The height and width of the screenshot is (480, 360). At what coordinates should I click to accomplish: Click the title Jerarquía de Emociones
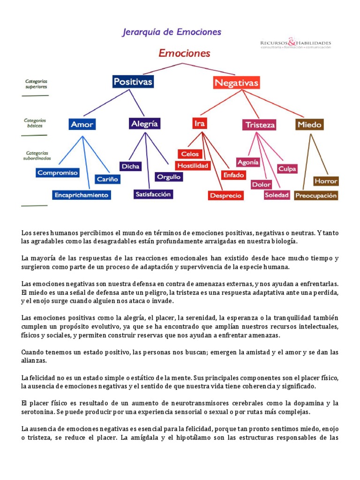pos(172,32)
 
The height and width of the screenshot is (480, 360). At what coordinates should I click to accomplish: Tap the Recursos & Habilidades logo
pos(295,44)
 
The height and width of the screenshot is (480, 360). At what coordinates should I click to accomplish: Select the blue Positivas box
pos(133,82)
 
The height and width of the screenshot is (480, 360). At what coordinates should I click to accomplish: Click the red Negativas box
pos(236,83)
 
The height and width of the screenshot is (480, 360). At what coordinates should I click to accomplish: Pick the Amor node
pos(82,124)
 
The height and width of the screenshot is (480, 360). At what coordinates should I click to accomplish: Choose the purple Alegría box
pos(145,123)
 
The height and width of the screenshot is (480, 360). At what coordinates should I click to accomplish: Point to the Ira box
pos(199,123)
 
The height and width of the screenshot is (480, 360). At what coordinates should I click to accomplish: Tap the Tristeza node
pos(259,125)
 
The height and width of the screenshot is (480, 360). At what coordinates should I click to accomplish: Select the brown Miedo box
pos(309,124)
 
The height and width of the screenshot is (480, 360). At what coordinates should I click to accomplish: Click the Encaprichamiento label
pos(81,195)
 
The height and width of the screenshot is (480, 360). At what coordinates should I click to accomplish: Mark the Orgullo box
pos(169,177)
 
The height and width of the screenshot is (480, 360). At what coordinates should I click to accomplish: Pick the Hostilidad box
pos(193,165)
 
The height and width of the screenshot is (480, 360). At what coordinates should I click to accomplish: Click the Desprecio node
pos(225,195)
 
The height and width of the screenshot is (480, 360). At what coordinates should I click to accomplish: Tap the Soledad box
pos(277,195)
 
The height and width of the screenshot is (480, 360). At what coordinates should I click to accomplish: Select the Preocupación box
pos(316,195)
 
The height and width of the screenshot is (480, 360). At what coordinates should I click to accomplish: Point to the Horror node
pos(326,181)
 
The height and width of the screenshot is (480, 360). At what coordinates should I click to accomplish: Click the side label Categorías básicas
pos(35,123)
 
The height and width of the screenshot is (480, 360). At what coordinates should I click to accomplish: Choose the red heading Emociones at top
pos(184,53)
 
